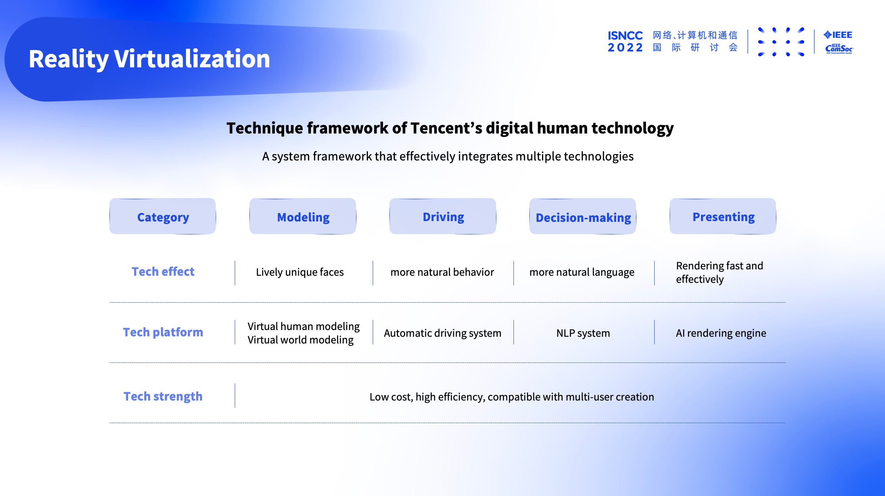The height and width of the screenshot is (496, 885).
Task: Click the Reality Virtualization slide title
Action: [149, 59]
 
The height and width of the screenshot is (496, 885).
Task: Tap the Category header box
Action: [163, 216]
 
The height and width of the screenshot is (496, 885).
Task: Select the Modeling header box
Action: [303, 216]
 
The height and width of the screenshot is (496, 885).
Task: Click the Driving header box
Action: [443, 216]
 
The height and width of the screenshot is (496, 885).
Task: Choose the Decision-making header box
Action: [583, 216]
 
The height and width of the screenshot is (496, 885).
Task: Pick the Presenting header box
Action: [723, 216]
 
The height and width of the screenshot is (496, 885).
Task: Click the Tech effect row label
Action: [163, 272]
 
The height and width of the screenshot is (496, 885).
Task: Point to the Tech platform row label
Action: [163, 332]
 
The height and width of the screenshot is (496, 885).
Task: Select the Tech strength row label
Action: [163, 396]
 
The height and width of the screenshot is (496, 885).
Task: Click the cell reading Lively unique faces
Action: [300, 272]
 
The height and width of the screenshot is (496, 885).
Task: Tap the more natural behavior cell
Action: [442, 272]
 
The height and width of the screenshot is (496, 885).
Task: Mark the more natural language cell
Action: [582, 272]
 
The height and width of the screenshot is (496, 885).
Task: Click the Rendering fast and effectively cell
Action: [719, 272]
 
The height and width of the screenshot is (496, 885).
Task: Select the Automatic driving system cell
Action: [442, 333]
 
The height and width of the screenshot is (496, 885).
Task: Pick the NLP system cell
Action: [583, 333]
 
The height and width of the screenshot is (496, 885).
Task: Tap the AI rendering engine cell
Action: [721, 333]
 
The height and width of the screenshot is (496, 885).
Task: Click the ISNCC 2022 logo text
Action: [625, 42]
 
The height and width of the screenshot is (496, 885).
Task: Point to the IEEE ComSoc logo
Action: [839, 42]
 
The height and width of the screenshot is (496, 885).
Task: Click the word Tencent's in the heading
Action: [446, 128]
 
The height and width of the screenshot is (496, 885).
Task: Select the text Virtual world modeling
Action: [301, 340]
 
